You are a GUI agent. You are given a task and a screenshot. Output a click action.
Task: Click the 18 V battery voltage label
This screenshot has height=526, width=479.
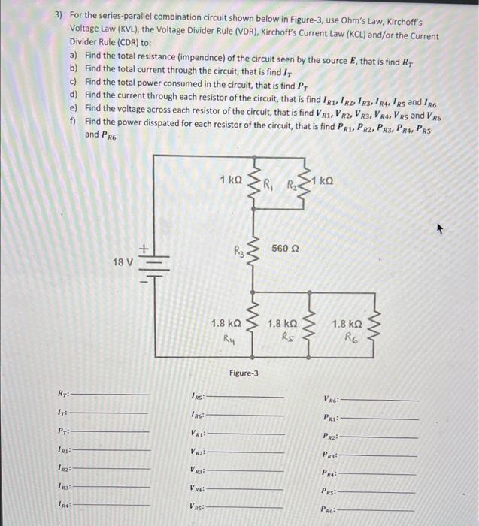point(122,263)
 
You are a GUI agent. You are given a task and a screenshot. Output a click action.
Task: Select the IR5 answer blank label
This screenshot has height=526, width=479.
point(196,395)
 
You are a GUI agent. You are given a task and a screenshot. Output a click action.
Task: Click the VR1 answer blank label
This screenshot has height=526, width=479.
point(196,434)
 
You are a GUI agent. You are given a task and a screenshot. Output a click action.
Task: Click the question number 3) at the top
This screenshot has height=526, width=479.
point(59,15)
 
